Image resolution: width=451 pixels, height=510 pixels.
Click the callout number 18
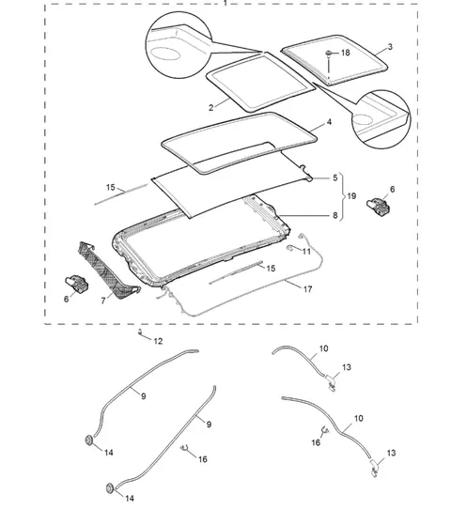point(346,53)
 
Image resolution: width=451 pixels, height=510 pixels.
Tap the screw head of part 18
point(329,53)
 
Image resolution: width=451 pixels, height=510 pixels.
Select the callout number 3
point(390,47)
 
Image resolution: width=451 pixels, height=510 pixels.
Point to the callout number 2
point(210,108)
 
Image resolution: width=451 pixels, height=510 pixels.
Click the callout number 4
point(329,122)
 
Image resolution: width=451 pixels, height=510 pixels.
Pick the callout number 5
point(335,178)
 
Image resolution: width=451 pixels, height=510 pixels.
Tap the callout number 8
point(335,215)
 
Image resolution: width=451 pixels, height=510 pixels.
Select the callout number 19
point(351,196)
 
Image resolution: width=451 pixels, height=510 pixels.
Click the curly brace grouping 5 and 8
point(342,197)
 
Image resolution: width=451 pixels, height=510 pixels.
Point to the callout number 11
point(306,252)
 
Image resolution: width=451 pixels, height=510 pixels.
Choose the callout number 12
point(158,341)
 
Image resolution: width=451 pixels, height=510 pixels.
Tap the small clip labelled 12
point(141,332)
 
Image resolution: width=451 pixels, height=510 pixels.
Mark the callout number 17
point(308,289)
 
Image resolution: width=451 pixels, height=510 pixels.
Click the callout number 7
point(103,301)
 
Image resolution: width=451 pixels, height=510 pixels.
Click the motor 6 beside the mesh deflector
point(77,283)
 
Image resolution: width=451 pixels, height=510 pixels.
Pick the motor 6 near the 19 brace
point(378,206)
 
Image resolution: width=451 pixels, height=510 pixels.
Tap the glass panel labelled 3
point(334,60)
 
